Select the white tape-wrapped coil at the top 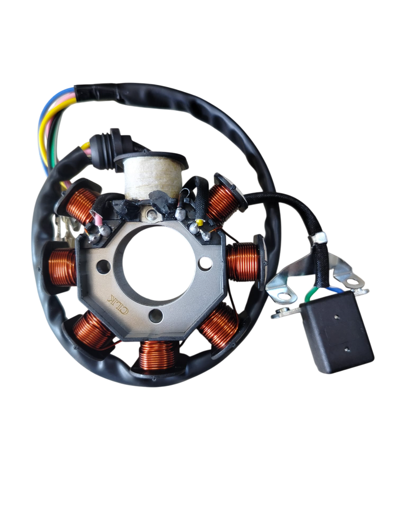click(151, 177)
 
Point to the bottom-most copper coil click(157, 355)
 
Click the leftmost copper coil click(63, 267)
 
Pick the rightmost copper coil click(243, 262)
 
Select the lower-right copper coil click(219, 325)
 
